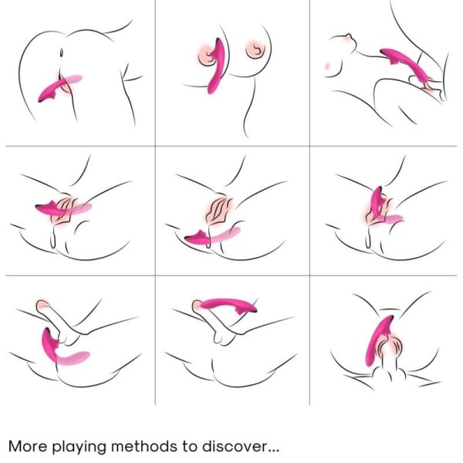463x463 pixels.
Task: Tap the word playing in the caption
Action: (x=81, y=447)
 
